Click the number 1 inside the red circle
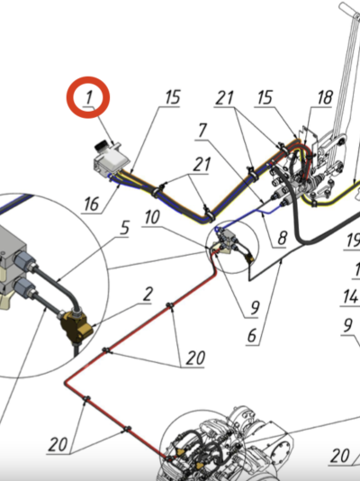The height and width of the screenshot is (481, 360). click(88, 97)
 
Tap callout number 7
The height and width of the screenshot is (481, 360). click(202, 131)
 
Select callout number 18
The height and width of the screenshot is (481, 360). click(325, 97)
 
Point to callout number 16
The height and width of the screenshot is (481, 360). click(92, 204)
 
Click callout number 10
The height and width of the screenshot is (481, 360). click(152, 217)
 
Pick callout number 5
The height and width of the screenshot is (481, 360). click(125, 228)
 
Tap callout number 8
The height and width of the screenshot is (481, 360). click(283, 238)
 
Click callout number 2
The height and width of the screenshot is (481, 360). click(148, 295)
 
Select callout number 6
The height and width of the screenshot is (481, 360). click(252, 336)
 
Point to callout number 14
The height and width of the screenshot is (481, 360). click(350, 296)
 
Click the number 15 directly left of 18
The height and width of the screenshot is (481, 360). click(265, 97)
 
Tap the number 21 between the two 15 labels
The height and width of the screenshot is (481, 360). click(225, 98)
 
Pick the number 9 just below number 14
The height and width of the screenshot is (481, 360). click(347, 325)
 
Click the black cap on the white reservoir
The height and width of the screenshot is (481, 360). click(101, 145)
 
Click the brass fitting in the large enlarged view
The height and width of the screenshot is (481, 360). click(75, 328)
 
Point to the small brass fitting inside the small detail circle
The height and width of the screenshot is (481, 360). click(250, 259)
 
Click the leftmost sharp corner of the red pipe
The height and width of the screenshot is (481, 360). click(65, 383)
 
